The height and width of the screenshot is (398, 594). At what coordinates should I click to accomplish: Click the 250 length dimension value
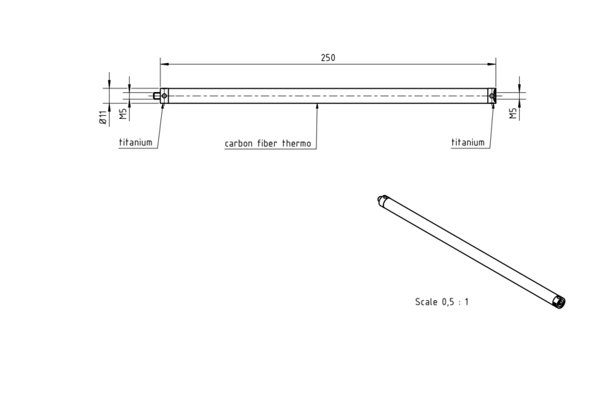[328, 58]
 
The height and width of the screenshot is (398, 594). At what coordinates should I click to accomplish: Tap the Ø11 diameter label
[102, 118]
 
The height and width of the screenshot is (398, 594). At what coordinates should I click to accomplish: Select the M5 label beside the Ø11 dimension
[123, 114]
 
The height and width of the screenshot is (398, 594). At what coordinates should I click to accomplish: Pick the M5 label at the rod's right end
[513, 114]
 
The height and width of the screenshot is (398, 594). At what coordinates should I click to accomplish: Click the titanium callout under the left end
[136, 143]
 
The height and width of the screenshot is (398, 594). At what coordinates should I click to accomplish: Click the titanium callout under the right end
[468, 143]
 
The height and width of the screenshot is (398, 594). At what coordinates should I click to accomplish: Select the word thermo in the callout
[296, 143]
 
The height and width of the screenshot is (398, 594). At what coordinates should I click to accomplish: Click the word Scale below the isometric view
[425, 301]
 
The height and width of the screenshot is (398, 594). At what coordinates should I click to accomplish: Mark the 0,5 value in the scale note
[448, 302]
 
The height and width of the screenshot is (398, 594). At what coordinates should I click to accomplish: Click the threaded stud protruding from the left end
[157, 96]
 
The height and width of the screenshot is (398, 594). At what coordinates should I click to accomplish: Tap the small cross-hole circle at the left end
[164, 96]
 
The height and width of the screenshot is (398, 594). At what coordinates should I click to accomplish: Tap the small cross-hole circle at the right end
[492, 96]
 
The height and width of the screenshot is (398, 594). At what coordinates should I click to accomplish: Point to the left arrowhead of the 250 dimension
[164, 64]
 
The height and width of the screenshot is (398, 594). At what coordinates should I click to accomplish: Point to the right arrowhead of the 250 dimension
[492, 64]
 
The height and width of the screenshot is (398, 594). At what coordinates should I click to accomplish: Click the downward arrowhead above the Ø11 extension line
[109, 85]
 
